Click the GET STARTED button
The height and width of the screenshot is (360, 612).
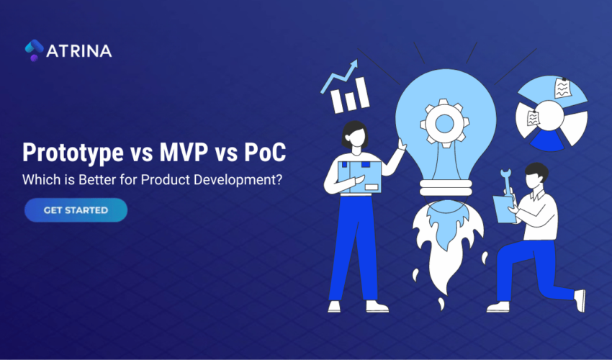click(76, 210)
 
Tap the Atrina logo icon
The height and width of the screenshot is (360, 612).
click(34, 50)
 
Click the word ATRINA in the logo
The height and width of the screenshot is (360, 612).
click(79, 51)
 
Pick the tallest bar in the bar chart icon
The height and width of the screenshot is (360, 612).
click(361, 92)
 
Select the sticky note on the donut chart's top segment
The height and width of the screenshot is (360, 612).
click(562, 89)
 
